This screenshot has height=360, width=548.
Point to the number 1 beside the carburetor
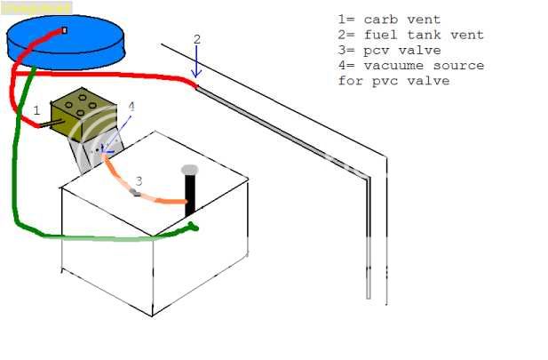click(36, 109)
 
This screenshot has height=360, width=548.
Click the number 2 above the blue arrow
click(197, 39)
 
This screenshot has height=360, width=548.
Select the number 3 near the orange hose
click(139, 180)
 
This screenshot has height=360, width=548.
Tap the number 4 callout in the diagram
click(131, 107)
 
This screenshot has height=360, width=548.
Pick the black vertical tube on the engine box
click(189, 196)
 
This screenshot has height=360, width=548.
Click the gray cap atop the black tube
click(189, 169)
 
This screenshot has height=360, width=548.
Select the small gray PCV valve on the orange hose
click(135, 191)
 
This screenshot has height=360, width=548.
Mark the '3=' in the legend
click(346, 51)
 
